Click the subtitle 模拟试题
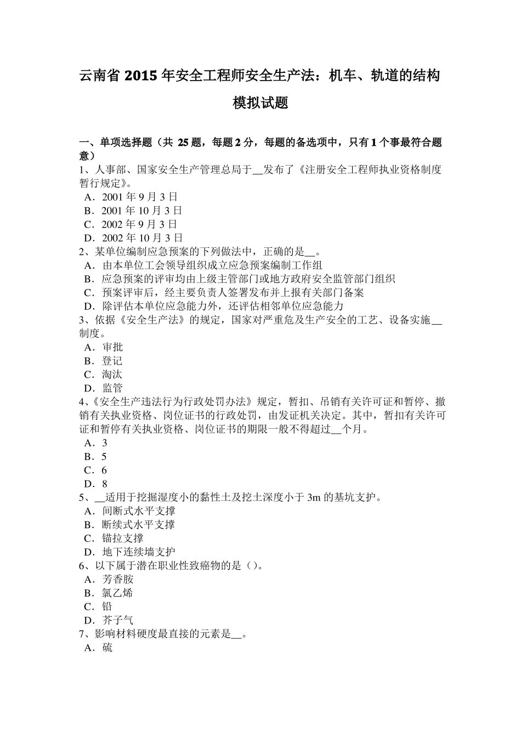coord(260,103)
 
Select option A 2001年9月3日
coord(139,197)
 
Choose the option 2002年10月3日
coord(142,238)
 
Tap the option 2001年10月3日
coord(142,211)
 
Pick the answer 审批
coord(112,347)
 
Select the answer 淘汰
coord(112,375)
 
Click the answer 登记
coord(112,361)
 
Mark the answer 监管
coord(112,388)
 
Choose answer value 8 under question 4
coord(105,484)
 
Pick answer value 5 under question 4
coord(104,457)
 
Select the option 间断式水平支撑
coord(138,511)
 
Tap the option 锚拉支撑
coord(123,538)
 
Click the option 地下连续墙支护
coord(138,552)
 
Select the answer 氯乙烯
coord(117,593)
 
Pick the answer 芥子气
coord(117,620)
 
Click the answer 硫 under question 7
coord(107,648)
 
